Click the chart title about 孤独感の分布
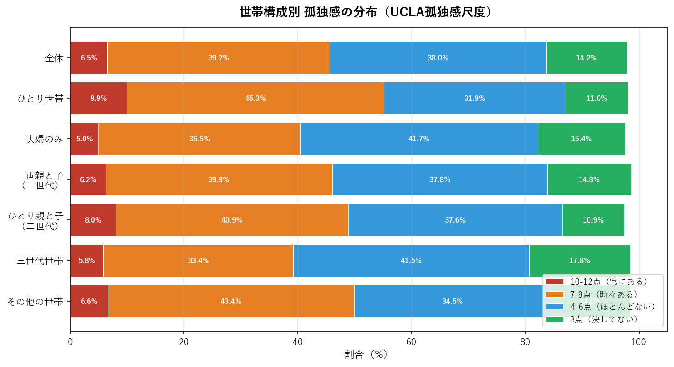366,12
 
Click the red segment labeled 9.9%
98,98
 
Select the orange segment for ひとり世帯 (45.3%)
255,98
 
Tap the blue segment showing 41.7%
419,139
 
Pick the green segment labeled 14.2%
586,58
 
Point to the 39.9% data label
219,179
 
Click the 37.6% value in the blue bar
455,220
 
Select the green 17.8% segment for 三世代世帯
580,260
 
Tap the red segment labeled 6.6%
89,301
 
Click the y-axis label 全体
54,58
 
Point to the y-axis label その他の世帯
35,301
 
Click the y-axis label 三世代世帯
40,261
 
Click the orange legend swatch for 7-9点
555,294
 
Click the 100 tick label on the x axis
639,342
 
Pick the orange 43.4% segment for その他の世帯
231,301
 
